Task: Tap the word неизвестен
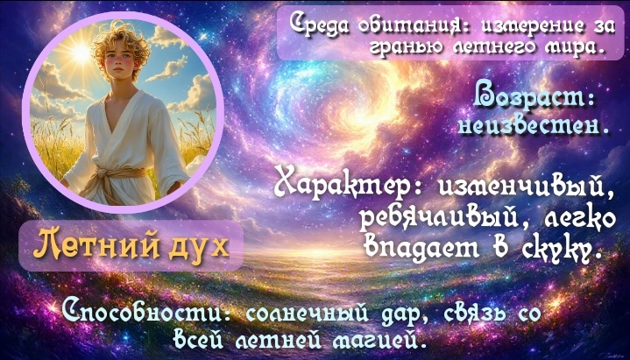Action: pos(533,127)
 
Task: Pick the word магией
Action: pos(377,341)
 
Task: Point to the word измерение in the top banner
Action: pos(519,25)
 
